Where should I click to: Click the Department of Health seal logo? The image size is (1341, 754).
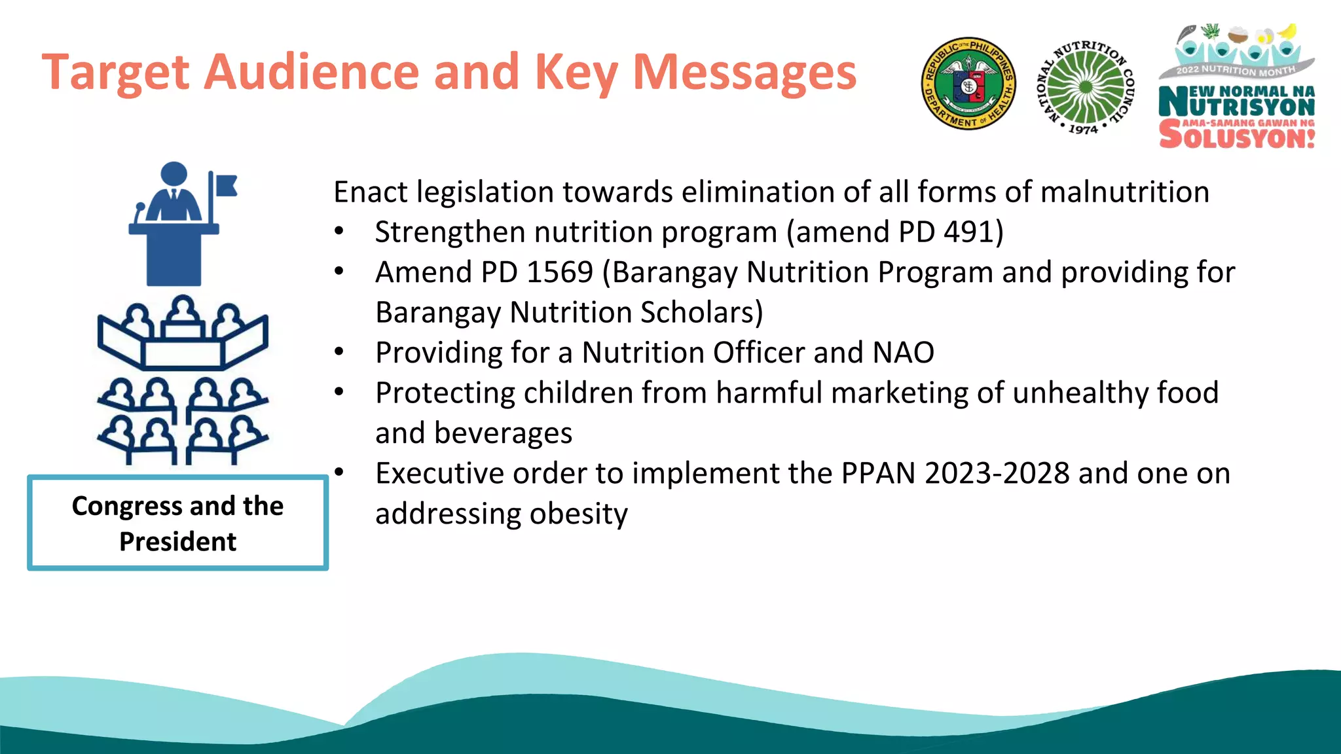pyautogui.click(x=968, y=84)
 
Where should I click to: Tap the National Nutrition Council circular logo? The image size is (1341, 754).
pyautogui.click(x=1086, y=86)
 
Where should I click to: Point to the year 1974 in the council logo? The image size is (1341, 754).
pyautogui.click(x=1083, y=130)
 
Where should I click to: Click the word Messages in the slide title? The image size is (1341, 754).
pyautogui.click(x=744, y=72)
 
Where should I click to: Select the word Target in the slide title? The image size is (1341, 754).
pyautogui.click(x=116, y=72)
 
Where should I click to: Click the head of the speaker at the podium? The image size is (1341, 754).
pyautogui.click(x=174, y=173)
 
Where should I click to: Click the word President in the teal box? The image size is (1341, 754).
pyautogui.click(x=177, y=542)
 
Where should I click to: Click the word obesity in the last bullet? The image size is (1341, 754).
pyautogui.click(x=578, y=514)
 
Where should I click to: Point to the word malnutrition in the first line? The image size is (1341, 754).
pyautogui.click(x=1124, y=192)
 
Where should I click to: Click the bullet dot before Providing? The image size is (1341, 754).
pyautogui.click(x=339, y=352)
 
